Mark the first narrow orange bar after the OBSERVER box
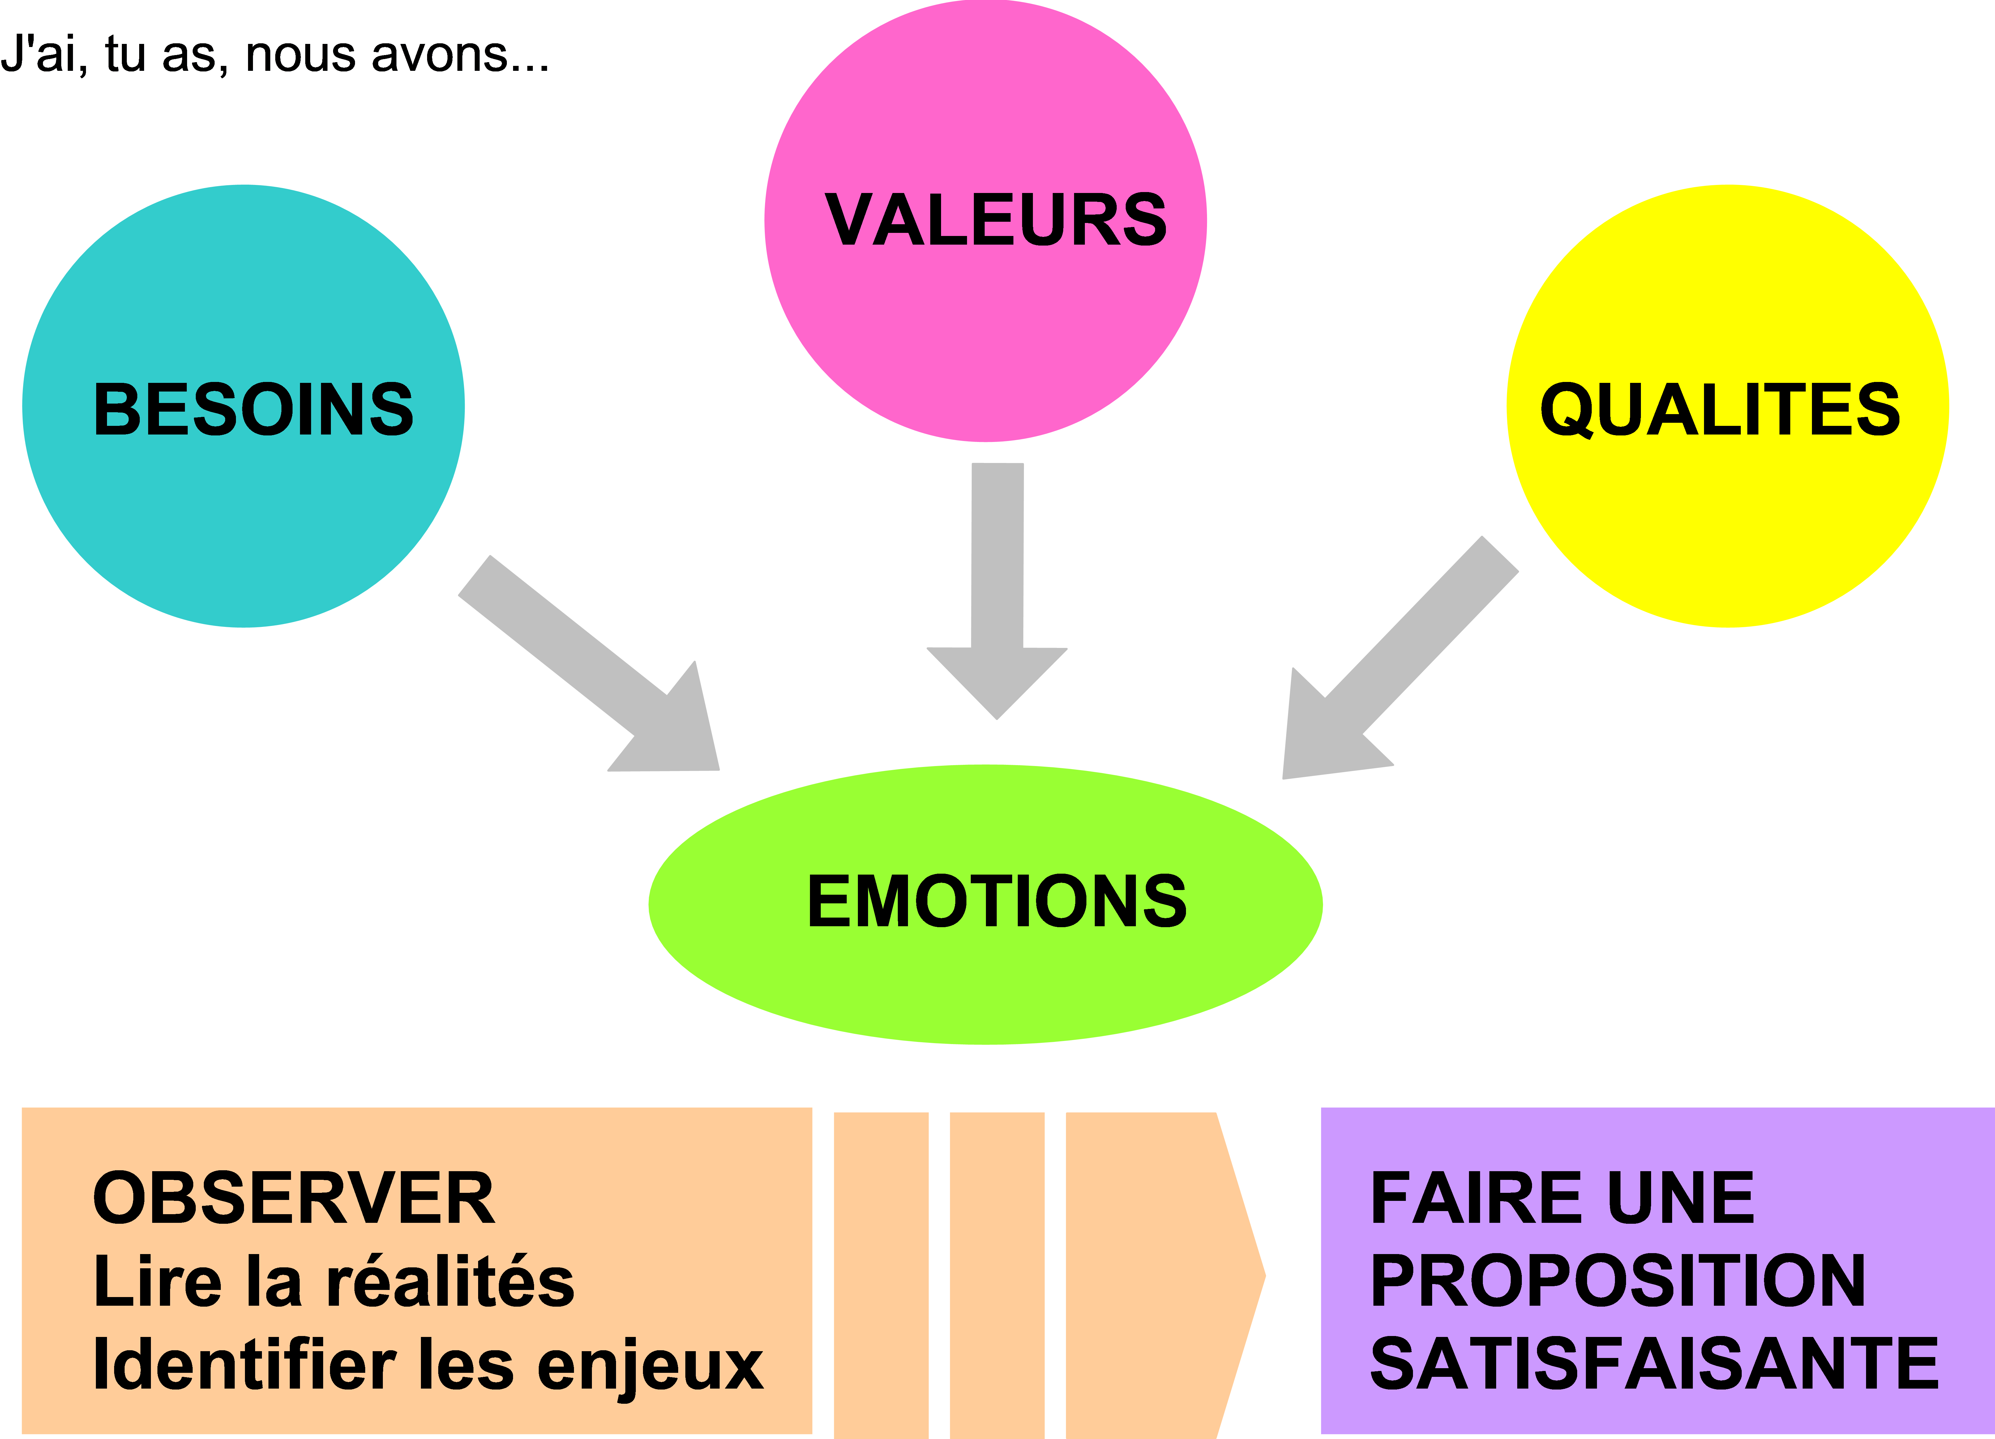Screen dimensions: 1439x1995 point(880,1275)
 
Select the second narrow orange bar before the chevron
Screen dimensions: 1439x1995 point(997,1275)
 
